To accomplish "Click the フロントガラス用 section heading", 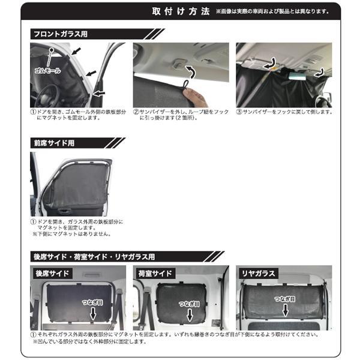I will click(x=59, y=34).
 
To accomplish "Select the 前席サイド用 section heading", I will click(x=55, y=143).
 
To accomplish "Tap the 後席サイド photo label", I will click(x=52, y=274).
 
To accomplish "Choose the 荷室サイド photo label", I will click(x=155, y=274).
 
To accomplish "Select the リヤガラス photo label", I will click(x=257, y=274).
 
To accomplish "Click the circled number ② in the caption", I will click(x=137, y=112).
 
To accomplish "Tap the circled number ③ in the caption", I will click(x=239, y=112).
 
